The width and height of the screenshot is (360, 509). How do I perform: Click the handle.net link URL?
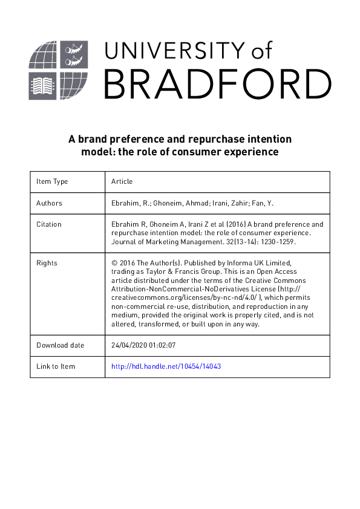point(166,366)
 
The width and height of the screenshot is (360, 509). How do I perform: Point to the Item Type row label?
point(52,181)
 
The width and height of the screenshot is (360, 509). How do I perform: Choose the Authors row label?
point(49,203)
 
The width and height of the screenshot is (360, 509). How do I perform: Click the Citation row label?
point(49,224)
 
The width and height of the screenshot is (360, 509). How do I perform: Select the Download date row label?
point(61,345)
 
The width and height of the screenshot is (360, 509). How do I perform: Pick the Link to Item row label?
point(56,366)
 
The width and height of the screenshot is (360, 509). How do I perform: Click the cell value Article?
point(122,181)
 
